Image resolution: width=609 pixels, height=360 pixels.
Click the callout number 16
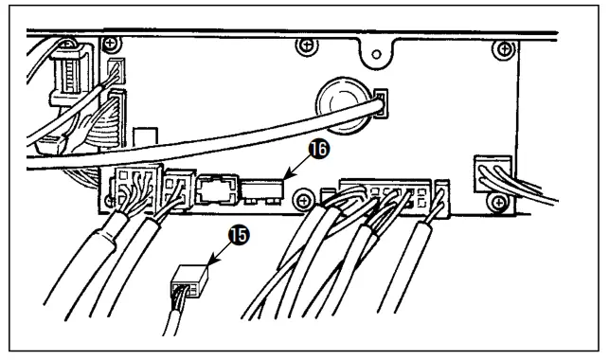coord(318,150)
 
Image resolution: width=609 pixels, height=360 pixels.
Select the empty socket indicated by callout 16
coord(261,188)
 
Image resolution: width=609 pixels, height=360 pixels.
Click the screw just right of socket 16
coord(304,198)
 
